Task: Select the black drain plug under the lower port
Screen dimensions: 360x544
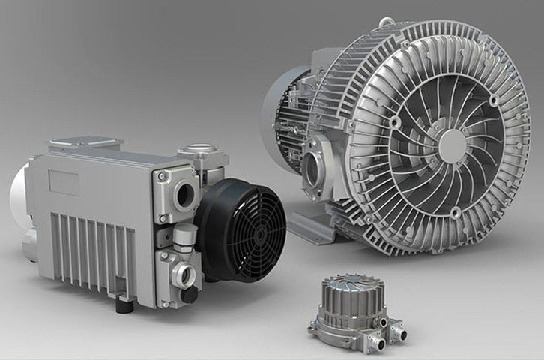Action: click(190, 295)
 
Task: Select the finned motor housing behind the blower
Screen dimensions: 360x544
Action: click(288, 112)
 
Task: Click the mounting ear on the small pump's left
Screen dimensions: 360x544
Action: click(314, 328)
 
